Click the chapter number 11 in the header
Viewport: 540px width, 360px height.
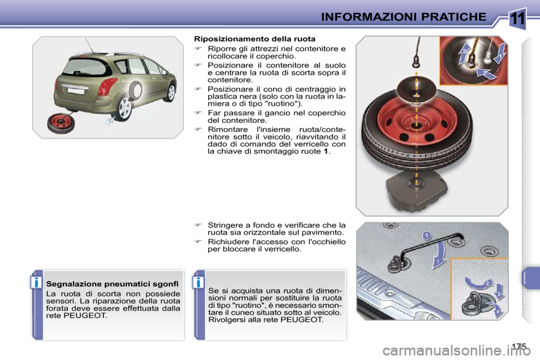click(x=518, y=18)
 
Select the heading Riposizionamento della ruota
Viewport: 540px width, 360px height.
click(x=254, y=39)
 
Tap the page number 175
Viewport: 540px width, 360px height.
click(x=520, y=346)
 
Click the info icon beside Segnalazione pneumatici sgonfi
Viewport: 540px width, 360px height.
click(x=37, y=281)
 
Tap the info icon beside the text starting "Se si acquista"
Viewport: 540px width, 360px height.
click(x=199, y=281)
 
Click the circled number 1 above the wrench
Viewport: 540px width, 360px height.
click(x=427, y=235)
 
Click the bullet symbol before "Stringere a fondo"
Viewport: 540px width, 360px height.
click(x=197, y=225)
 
